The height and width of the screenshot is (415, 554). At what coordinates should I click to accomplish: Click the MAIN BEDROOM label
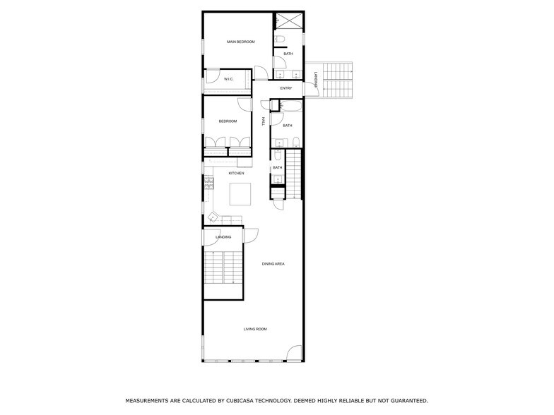[x=240, y=42]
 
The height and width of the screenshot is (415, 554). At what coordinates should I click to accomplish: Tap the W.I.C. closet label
[x=229, y=79]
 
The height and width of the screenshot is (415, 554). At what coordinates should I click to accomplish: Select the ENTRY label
[x=286, y=88]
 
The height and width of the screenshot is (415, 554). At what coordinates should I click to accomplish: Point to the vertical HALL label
[x=264, y=121]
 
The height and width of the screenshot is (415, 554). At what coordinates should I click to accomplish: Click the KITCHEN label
[x=236, y=173]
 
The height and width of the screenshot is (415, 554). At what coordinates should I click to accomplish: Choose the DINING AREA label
[x=273, y=264]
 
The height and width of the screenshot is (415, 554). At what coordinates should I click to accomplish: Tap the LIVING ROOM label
[x=255, y=329]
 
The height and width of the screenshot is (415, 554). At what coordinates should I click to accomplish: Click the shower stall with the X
[x=288, y=21]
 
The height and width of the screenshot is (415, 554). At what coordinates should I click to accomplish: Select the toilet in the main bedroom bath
[x=279, y=39]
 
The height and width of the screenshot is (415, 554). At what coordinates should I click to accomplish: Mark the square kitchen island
[x=240, y=193]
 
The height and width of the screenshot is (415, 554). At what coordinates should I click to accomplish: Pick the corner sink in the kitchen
[x=212, y=217]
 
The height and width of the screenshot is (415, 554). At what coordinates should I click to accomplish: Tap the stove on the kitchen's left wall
[x=208, y=185]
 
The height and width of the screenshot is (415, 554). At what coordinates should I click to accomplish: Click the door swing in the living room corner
[x=295, y=352]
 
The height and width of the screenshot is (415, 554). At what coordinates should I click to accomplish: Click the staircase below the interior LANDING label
[x=223, y=268]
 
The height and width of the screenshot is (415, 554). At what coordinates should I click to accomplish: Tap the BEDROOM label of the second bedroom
[x=228, y=121]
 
